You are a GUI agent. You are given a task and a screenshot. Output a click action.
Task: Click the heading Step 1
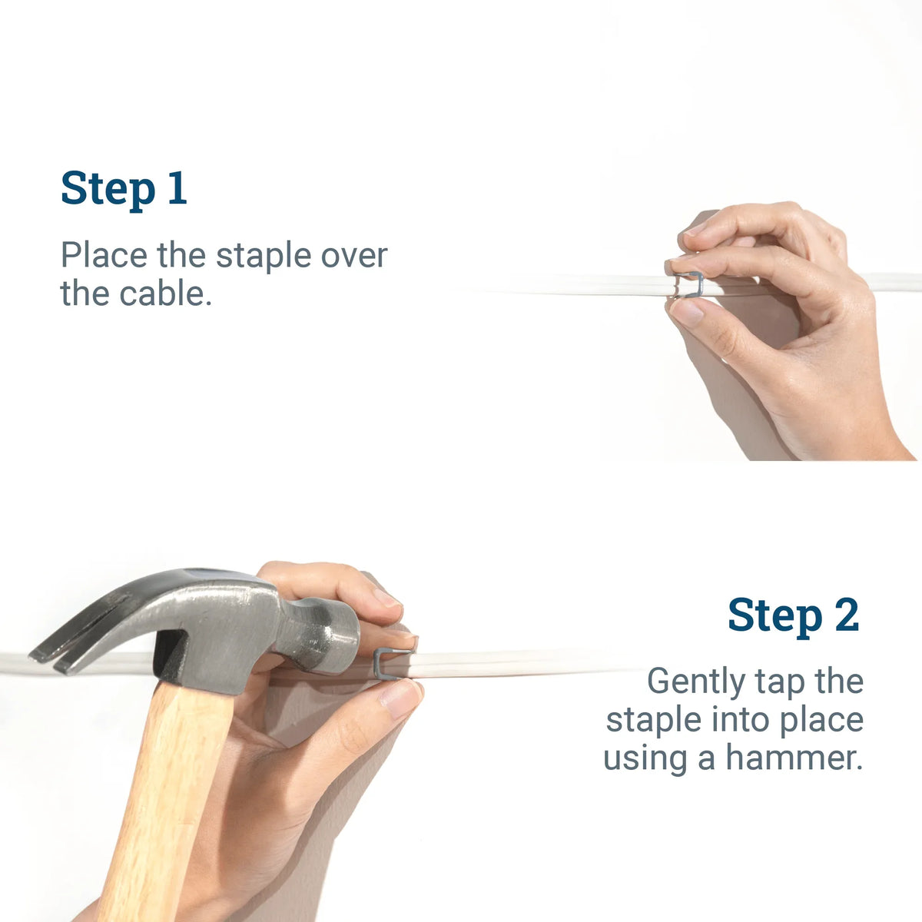coord(124,188)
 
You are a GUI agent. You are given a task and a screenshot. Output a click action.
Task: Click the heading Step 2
coord(793,615)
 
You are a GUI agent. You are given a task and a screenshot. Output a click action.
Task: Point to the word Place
coord(104,255)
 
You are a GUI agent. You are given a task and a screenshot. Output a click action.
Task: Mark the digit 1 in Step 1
coord(177,188)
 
